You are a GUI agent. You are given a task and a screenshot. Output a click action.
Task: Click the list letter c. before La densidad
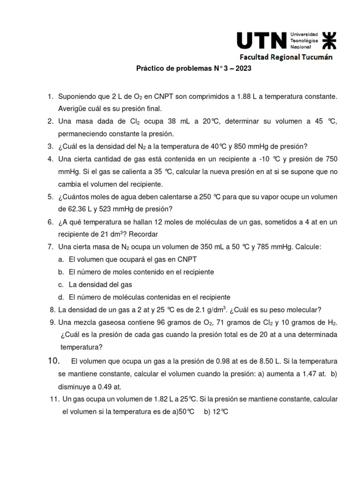[x=61, y=284]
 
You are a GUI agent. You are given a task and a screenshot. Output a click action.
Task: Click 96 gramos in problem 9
[x=164, y=322]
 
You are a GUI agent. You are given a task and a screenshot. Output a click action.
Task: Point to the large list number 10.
[x=55, y=361]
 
